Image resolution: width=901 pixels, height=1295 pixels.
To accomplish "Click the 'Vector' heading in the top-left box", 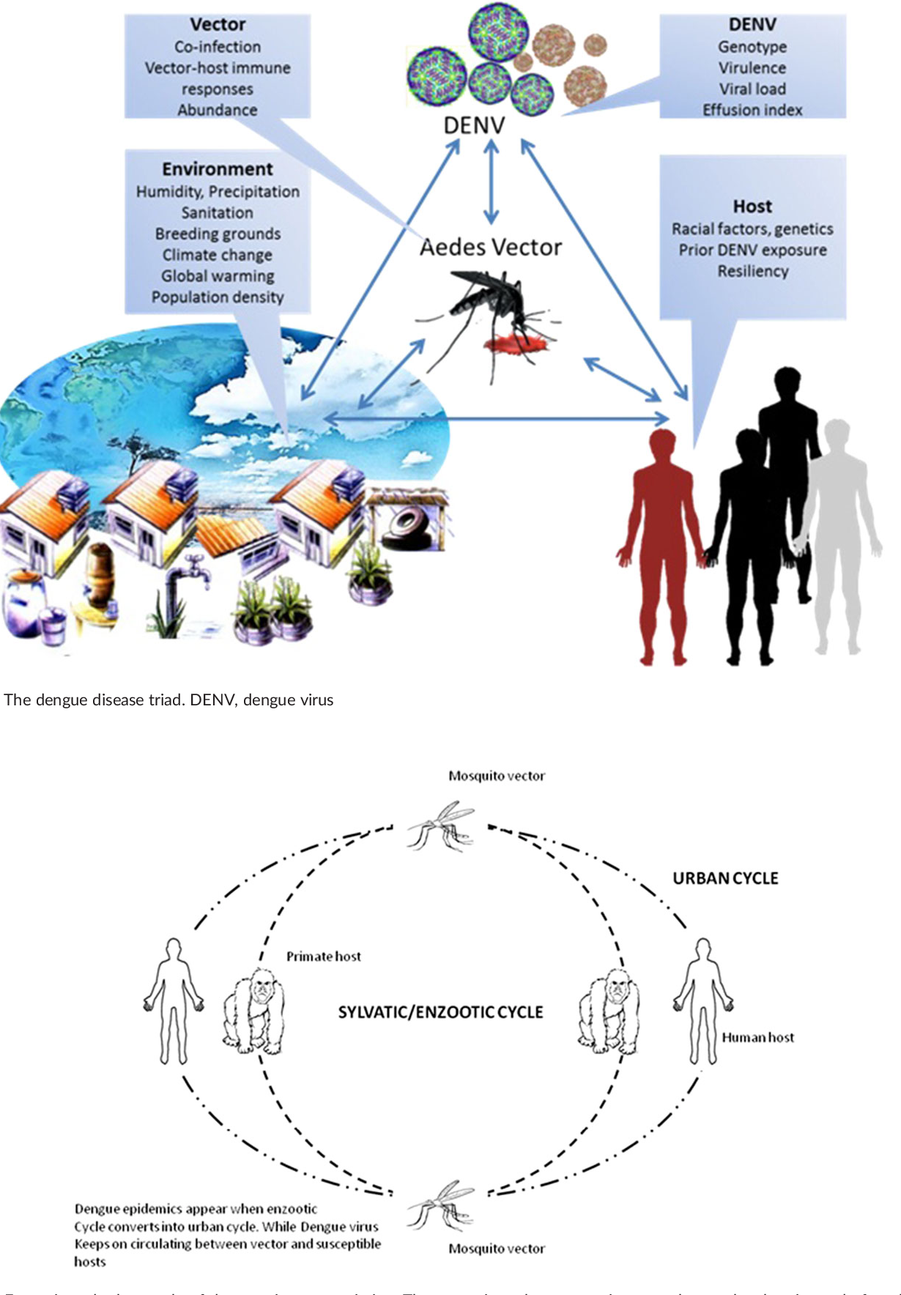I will coord(218,25).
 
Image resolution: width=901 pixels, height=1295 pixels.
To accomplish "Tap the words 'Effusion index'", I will coord(752,110).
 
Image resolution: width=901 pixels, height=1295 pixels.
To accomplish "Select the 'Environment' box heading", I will coord(218,169).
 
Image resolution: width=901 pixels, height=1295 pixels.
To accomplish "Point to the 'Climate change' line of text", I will coord(218,255).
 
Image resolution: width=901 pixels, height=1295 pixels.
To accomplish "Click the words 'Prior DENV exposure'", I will coord(752,250).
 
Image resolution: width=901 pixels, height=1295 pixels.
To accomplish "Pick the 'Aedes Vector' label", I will coord(491,248).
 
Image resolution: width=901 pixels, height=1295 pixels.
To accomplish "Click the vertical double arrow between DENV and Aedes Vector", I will coord(492,182).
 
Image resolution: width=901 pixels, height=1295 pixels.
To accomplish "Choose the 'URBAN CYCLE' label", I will coord(725,878).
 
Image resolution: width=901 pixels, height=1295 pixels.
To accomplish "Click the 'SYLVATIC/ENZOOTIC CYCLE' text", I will coord(440,1012).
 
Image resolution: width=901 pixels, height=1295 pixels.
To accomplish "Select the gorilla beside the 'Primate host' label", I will coord(253,1009).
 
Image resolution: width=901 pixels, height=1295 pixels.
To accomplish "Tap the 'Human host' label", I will coord(757,1037).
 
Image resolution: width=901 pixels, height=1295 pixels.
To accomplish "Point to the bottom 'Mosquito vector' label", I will coord(497,1248).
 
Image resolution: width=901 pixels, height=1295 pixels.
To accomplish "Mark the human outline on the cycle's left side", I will coord(173,1000).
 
